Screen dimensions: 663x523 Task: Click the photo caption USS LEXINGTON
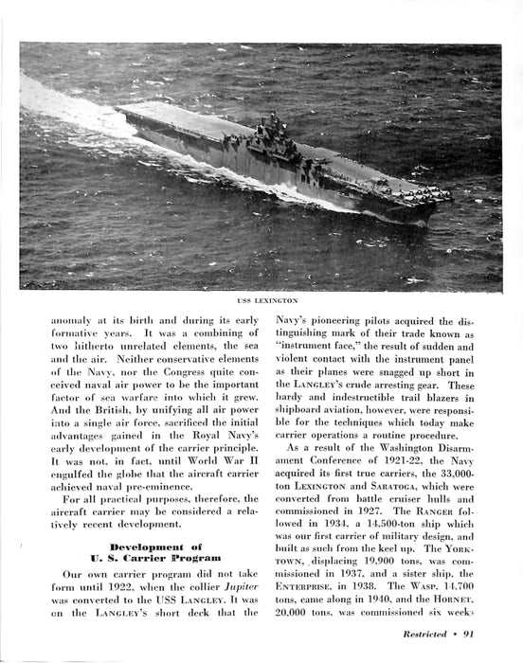pos(261,300)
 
